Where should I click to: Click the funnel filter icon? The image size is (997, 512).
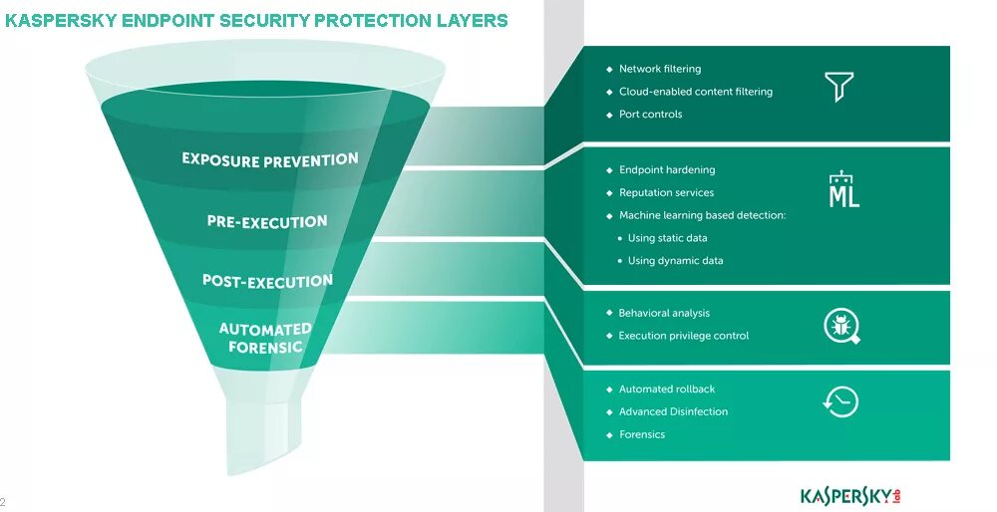tap(839, 87)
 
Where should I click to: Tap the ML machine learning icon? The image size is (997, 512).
tap(843, 190)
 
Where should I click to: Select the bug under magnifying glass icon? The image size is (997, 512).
tap(841, 326)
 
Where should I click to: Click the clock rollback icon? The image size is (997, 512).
tap(840, 401)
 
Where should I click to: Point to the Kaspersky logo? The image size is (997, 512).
tap(856, 495)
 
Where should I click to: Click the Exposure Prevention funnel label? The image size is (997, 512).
tap(269, 159)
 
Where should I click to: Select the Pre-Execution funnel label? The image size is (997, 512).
tap(267, 221)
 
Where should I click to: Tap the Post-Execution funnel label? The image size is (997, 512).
tap(267, 281)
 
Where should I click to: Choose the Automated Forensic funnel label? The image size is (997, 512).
tap(265, 338)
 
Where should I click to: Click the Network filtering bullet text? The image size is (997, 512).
tap(659, 69)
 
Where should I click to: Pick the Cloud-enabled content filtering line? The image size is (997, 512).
tap(695, 92)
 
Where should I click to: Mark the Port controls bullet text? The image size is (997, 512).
tap(650, 115)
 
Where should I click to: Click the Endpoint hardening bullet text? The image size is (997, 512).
tap(666, 170)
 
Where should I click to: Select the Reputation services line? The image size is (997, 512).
tap(666, 193)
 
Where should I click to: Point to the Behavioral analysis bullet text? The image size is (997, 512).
tap(664, 313)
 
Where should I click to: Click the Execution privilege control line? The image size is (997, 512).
tap(683, 336)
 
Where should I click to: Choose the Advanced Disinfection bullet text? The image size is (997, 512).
tap(673, 411)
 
